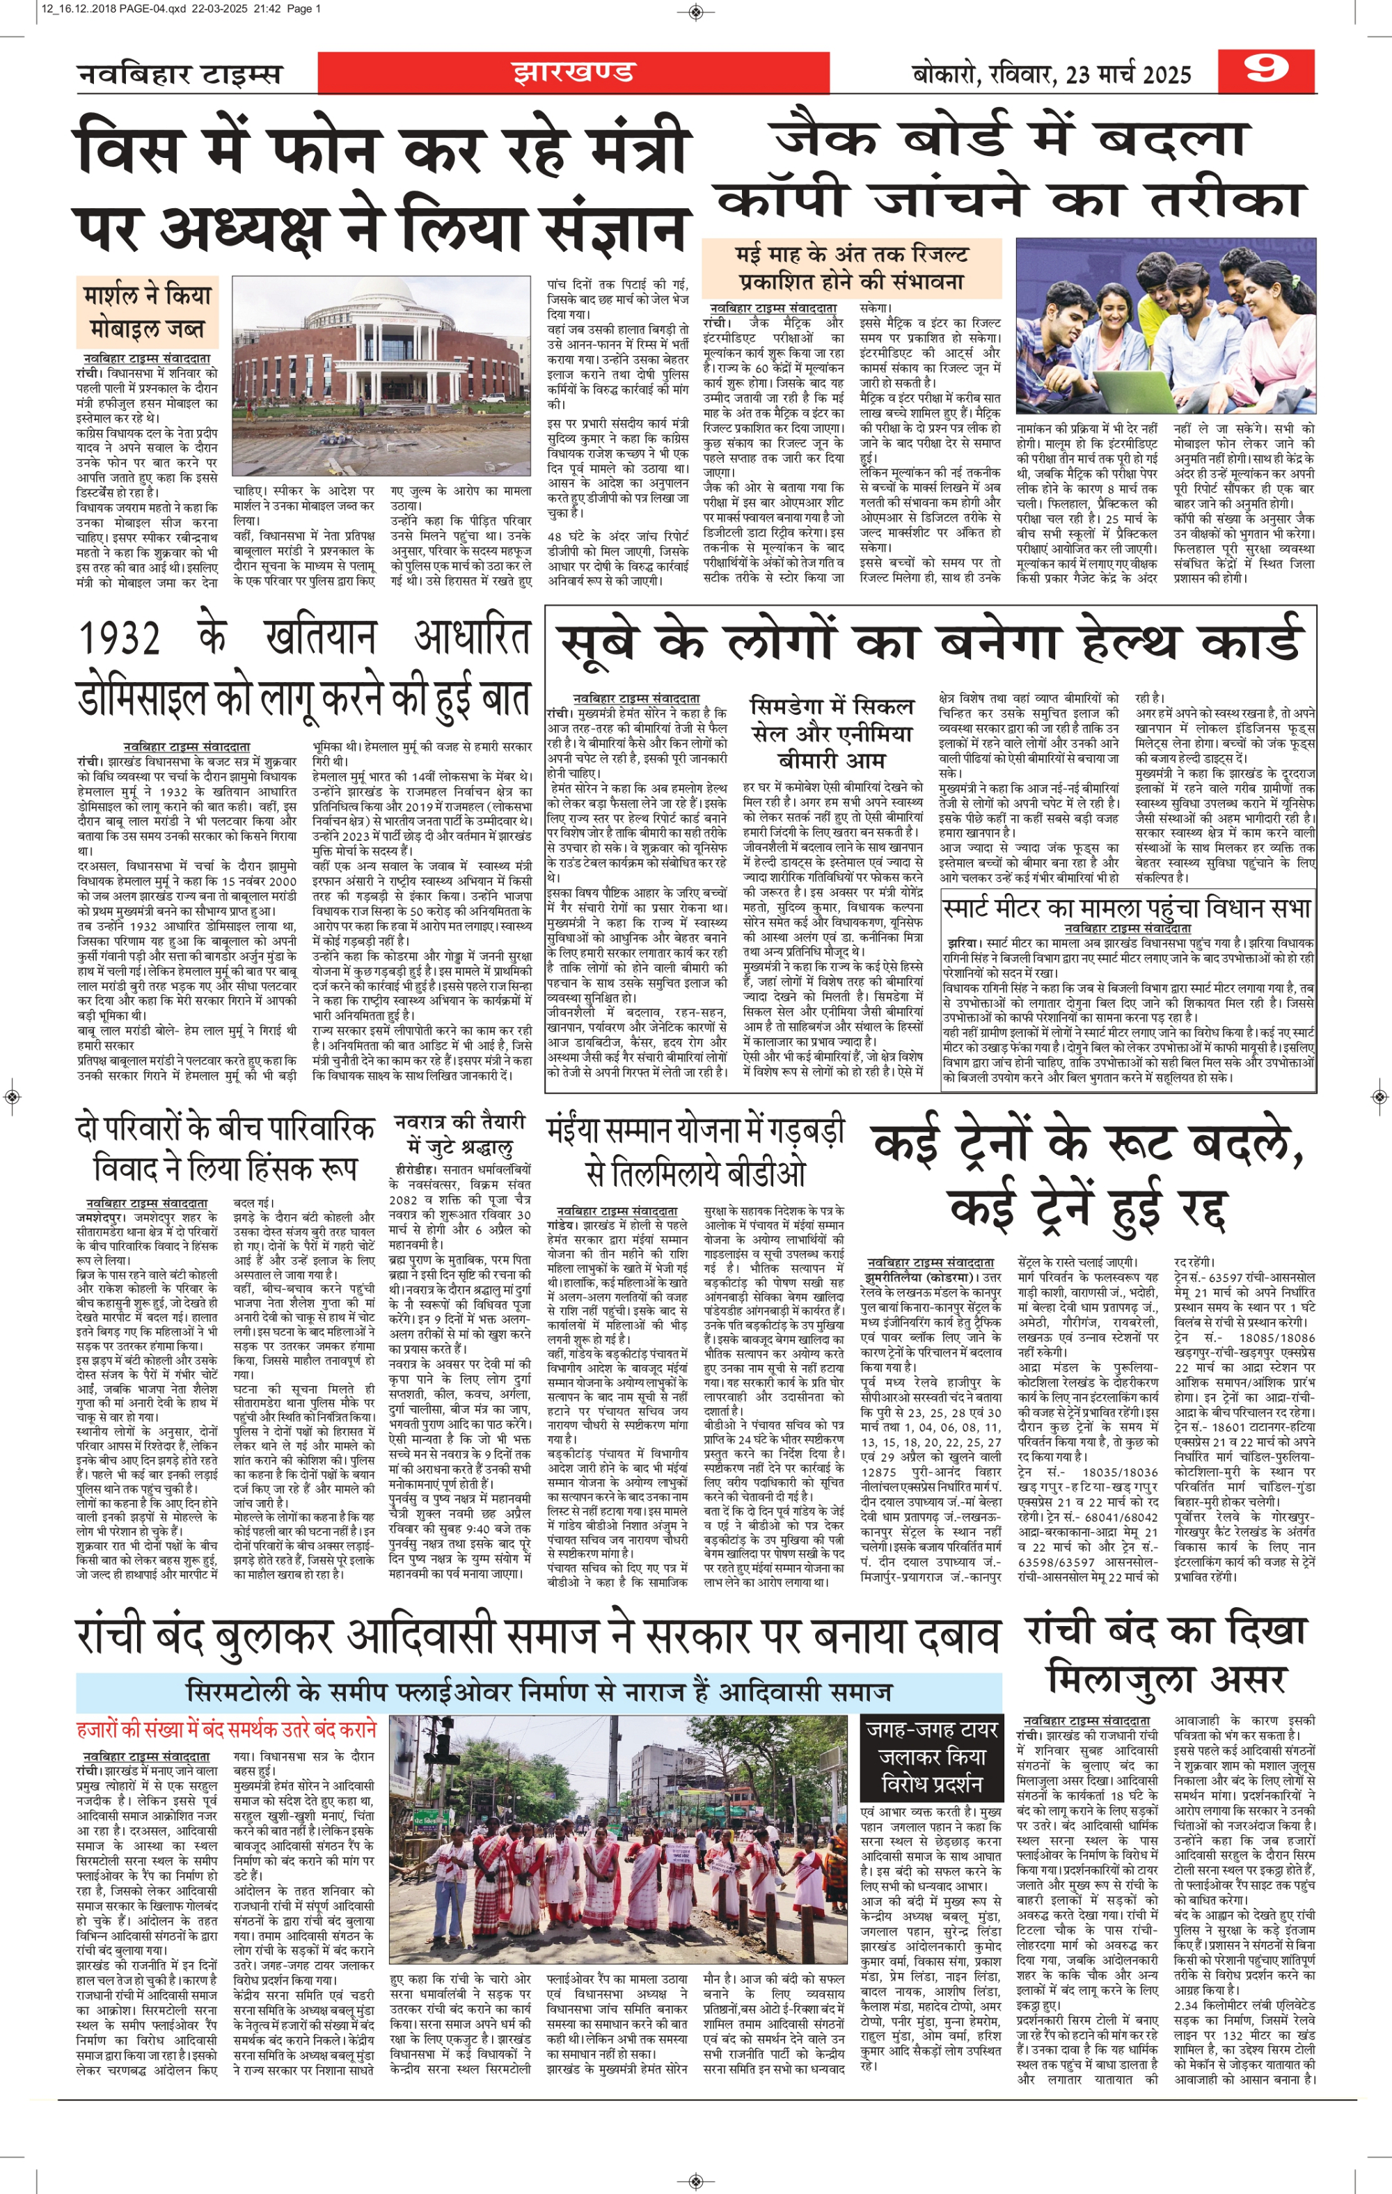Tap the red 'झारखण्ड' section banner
coord(572,72)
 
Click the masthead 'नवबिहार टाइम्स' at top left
coord(180,74)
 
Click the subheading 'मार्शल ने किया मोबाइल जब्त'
coord(147,312)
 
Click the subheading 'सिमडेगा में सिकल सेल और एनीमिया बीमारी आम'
coord(831,732)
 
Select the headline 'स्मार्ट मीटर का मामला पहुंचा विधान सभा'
coord(1128,908)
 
